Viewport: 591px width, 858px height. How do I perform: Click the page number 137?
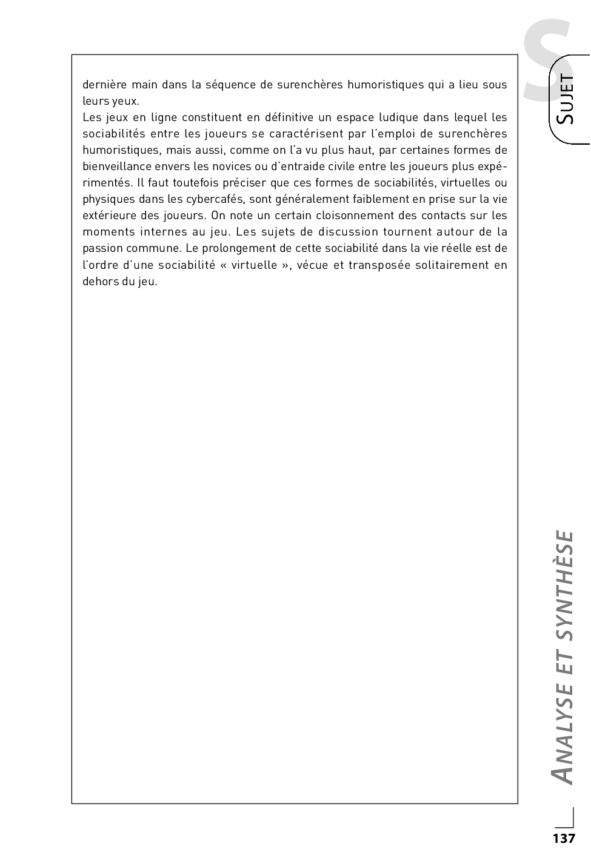(x=563, y=839)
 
